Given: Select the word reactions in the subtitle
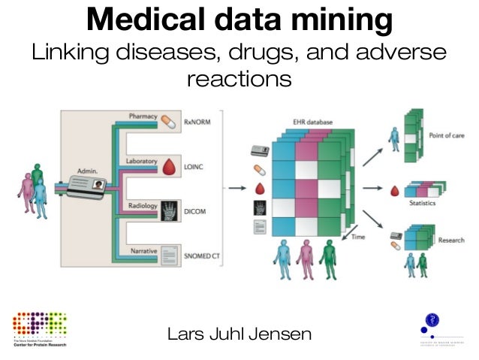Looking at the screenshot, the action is [239, 78].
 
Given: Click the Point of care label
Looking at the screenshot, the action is [447, 135].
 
